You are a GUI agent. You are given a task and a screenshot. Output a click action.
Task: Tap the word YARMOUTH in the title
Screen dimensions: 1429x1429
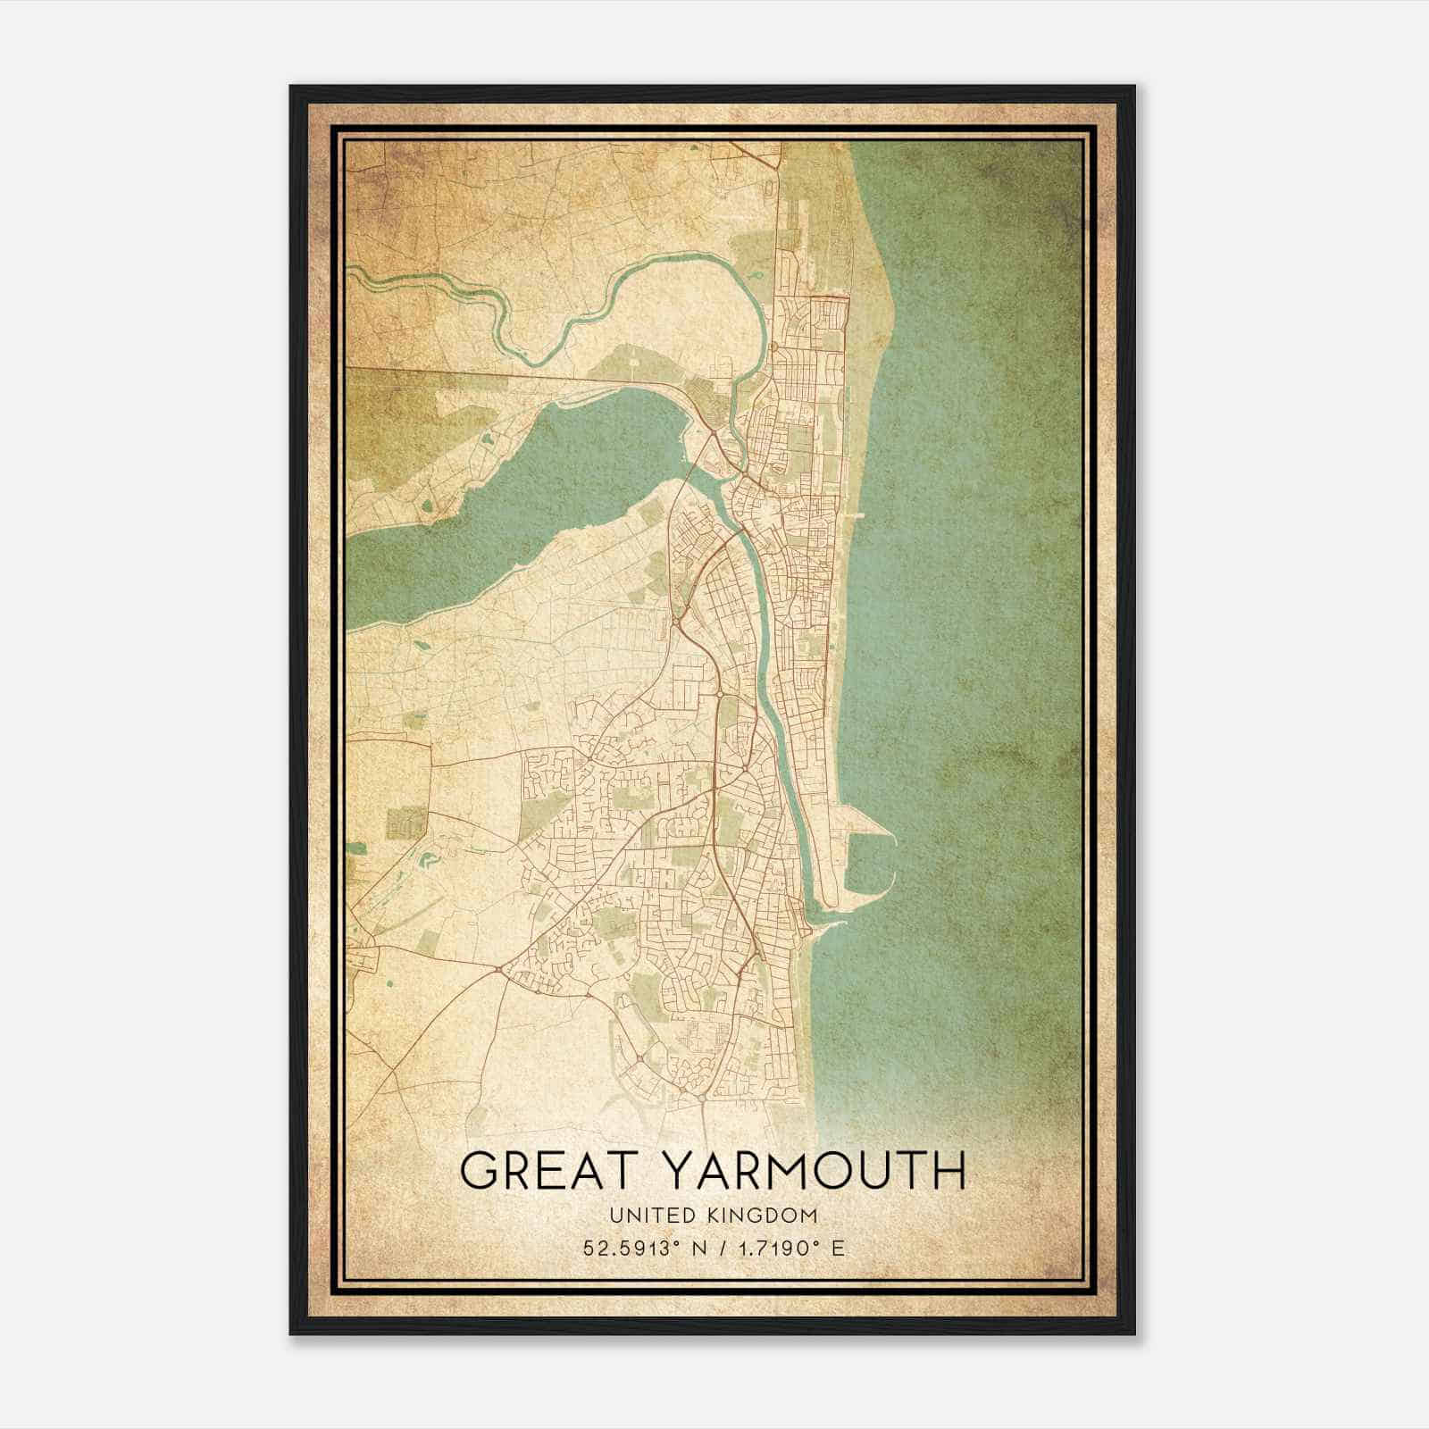(x=817, y=1171)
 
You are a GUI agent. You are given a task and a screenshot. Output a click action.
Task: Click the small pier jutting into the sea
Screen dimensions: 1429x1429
(x=859, y=515)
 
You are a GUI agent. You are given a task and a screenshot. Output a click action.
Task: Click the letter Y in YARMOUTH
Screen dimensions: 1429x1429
(x=685, y=1171)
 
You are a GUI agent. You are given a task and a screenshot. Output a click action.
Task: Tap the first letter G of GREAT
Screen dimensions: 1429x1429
(x=479, y=1171)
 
